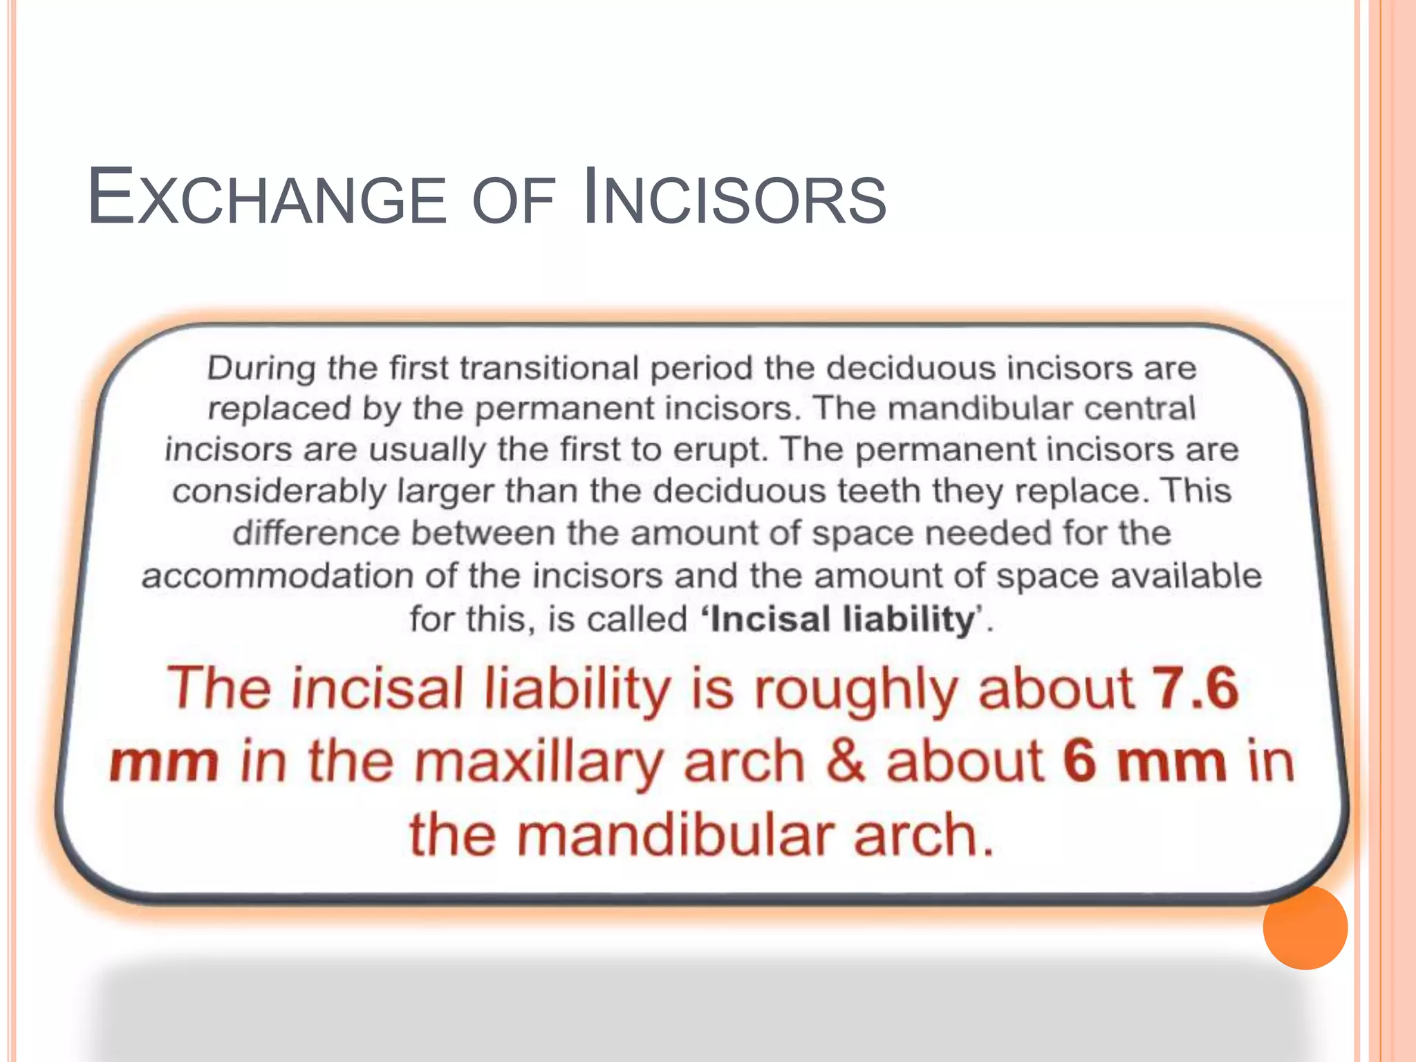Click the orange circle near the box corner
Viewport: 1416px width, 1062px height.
(x=1305, y=927)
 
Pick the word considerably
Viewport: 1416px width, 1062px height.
(x=279, y=492)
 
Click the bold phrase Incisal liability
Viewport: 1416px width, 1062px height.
(x=841, y=618)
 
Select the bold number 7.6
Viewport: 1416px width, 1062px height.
(x=1195, y=689)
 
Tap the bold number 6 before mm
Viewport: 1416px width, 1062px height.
(x=1081, y=761)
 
